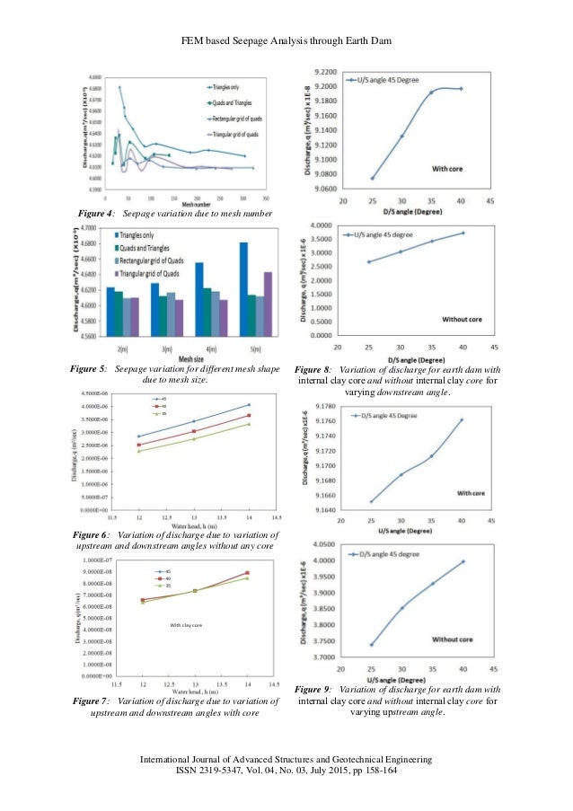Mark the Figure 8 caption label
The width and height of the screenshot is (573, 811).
pos(313,369)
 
